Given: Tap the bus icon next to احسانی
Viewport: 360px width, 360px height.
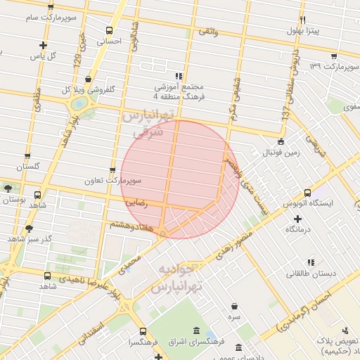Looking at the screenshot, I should (x=109, y=31).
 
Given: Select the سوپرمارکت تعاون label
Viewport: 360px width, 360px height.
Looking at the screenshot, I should (x=121, y=181).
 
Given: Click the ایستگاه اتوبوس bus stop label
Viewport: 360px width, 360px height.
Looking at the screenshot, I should (x=332, y=202).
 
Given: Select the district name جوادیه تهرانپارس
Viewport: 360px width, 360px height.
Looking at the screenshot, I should (x=180, y=278).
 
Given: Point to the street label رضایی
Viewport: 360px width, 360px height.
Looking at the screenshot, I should (x=136, y=202).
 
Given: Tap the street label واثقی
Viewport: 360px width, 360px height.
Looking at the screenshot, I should (x=209, y=32).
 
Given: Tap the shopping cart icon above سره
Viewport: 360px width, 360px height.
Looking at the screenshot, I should (x=233, y=306).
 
